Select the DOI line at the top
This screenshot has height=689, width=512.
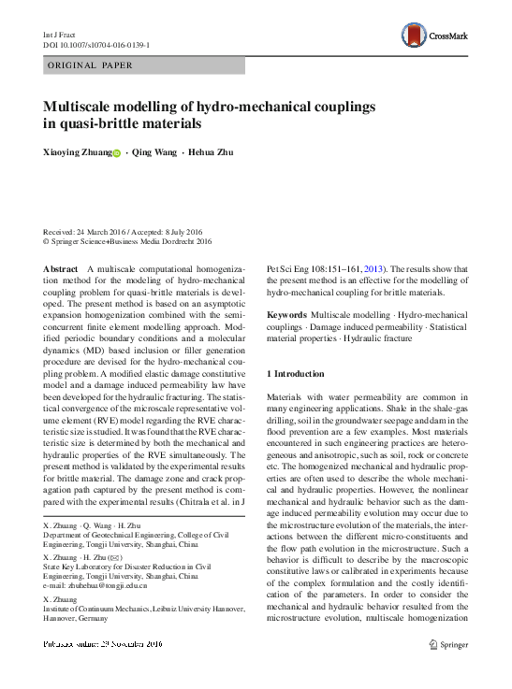(x=97, y=45)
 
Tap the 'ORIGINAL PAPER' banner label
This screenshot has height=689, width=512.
(x=90, y=65)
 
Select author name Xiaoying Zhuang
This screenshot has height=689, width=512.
(x=77, y=152)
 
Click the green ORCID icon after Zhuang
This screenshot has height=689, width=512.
(x=117, y=153)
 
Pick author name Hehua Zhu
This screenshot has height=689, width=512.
(x=212, y=152)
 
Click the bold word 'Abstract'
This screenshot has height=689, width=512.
(x=61, y=268)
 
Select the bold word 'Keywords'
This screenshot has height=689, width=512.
(x=285, y=316)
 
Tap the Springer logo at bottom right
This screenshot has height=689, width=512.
(x=447, y=643)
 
